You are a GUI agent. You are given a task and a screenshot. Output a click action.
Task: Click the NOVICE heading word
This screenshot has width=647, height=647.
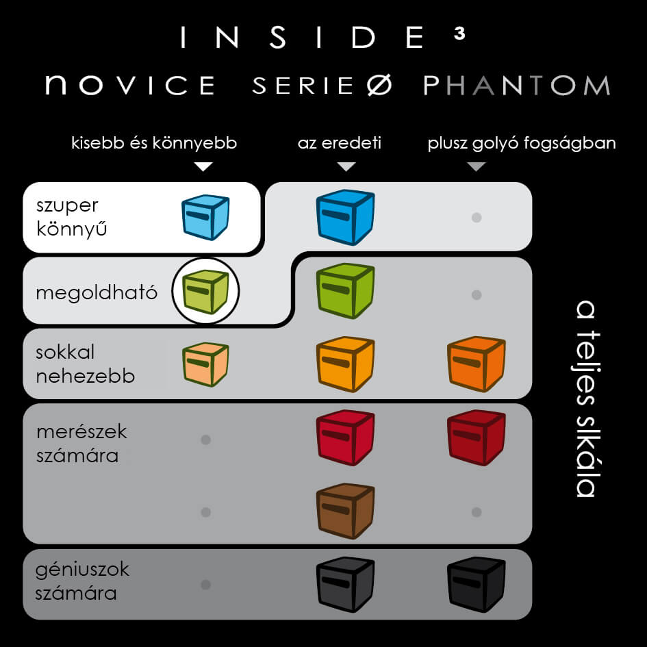[130, 86]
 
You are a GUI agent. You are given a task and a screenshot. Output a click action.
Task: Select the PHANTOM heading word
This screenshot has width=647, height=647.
[516, 86]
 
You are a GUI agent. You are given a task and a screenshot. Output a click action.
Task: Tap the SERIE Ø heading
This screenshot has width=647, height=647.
[322, 86]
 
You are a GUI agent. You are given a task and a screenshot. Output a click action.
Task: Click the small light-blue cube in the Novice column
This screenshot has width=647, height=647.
[205, 216]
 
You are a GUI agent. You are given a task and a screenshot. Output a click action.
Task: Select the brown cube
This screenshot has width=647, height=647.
[345, 510]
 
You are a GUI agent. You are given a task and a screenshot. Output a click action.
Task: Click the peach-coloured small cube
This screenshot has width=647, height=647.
[205, 364]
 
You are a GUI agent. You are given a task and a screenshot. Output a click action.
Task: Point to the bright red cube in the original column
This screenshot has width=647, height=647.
[345, 437]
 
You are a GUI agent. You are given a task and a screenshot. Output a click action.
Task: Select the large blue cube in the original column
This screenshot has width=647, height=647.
[345, 216]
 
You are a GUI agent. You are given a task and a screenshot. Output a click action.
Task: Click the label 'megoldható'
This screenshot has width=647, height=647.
[97, 293]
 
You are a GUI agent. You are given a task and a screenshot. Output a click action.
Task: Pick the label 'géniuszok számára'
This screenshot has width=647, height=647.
[82, 581]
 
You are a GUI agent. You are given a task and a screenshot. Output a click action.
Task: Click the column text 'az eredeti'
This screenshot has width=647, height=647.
[340, 144]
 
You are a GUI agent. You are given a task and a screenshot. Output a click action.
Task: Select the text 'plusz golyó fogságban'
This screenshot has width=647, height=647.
[522, 144]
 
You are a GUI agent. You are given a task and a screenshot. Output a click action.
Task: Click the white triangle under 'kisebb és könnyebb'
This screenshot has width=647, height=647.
[204, 167]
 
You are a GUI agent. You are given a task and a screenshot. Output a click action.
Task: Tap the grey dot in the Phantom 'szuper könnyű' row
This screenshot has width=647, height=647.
[477, 218]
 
